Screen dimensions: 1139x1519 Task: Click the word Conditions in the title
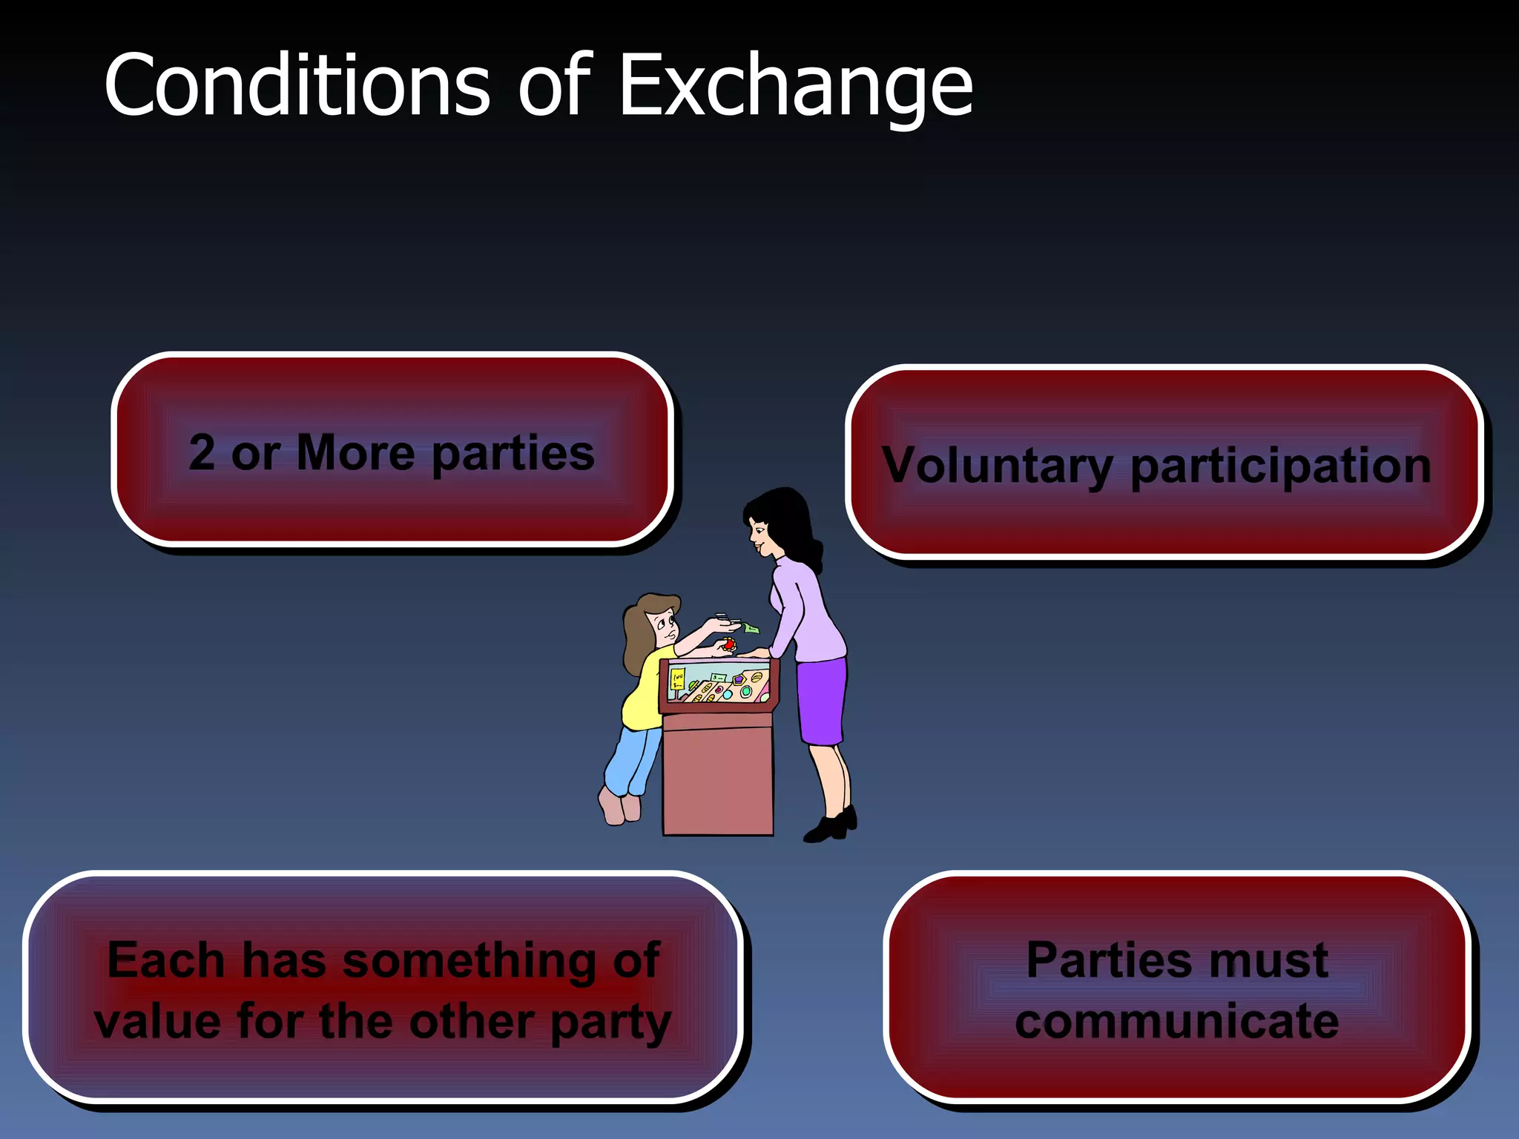point(297,86)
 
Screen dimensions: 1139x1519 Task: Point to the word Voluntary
point(998,466)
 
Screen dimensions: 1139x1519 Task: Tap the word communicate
point(1177,1022)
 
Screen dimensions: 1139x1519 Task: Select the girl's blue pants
point(633,760)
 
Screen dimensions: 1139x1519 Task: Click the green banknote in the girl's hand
point(751,628)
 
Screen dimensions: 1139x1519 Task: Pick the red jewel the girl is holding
point(729,644)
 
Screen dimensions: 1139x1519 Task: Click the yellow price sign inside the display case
point(677,679)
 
